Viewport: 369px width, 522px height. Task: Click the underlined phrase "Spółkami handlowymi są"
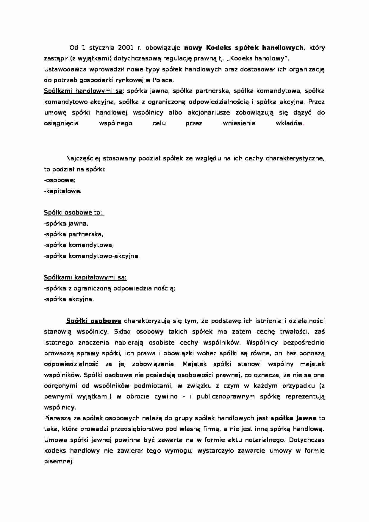click(83, 91)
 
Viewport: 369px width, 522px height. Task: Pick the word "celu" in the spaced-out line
click(159, 123)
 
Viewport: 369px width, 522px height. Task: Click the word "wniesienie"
click(239, 123)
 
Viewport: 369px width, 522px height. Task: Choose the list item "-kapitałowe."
click(62, 191)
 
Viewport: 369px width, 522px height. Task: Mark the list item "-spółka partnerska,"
click(74, 234)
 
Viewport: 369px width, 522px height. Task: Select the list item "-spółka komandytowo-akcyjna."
click(92, 256)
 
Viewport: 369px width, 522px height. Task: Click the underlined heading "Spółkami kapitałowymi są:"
click(85, 277)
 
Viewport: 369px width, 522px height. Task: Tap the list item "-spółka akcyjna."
click(69, 299)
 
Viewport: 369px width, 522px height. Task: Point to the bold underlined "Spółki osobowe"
click(93, 321)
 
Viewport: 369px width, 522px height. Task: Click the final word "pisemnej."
click(59, 462)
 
